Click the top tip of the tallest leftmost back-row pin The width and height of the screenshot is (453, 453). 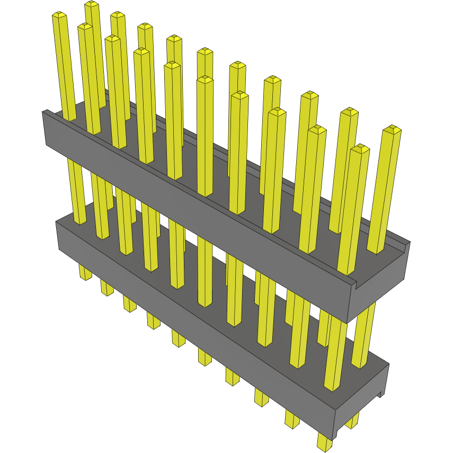pyautogui.click(x=92, y=4)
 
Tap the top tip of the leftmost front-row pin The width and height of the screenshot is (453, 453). pyautogui.click(x=59, y=15)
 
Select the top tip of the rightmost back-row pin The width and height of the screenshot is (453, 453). pyautogui.click(x=392, y=129)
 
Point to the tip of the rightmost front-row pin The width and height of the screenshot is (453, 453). pyautogui.click(x=360, y=147)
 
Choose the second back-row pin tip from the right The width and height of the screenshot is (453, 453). pyautogui.click(x=349, y=111)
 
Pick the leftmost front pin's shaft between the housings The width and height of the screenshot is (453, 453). pyautogui.click(x=77, y=191)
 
